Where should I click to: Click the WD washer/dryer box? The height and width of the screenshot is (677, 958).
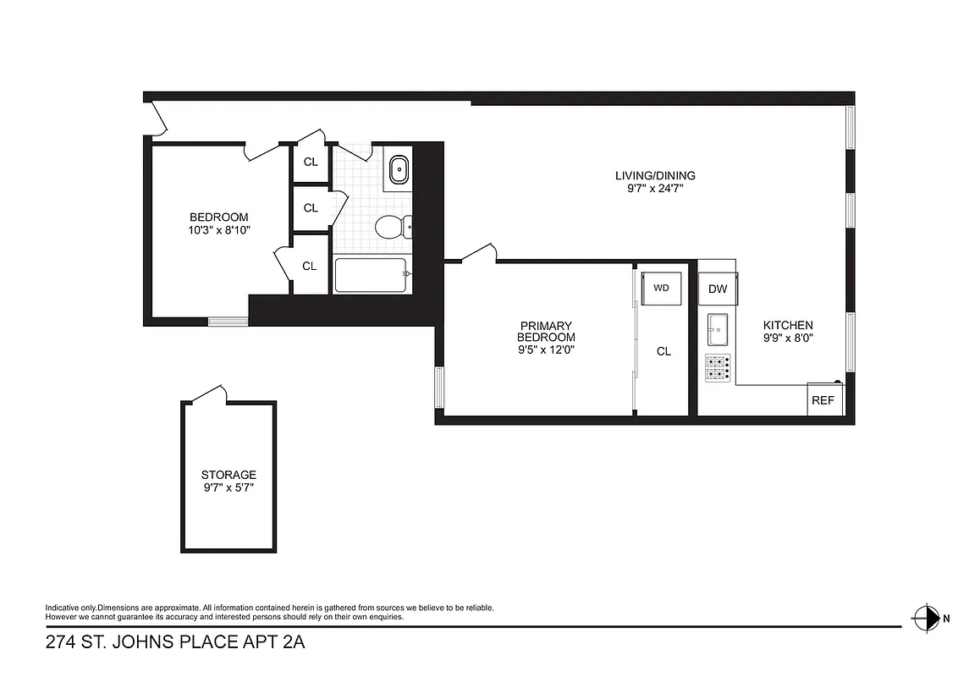coord(661,288)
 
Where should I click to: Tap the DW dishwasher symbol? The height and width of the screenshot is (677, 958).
coord(718,289)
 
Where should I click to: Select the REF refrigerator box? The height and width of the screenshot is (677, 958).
coord(823,400)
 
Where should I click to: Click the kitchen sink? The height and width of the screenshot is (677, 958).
coord(717,330)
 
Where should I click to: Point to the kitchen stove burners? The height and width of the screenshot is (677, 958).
coord(717,366)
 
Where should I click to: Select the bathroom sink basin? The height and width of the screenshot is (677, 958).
coord(398,171)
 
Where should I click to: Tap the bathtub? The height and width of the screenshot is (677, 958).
coord(372,275)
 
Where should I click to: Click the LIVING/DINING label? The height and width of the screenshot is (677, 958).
coord(655,176)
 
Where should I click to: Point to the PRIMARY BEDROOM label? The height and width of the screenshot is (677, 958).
coord(546,331)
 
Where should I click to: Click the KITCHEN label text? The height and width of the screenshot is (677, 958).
coord(788,325)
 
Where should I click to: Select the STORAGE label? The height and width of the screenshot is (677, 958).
coord(228,475)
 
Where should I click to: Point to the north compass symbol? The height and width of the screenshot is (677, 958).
coord(928,617)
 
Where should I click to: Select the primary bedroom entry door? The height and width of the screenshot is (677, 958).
coord(479,253)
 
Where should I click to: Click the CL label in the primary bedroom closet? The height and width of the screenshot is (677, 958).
coord(663,351)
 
